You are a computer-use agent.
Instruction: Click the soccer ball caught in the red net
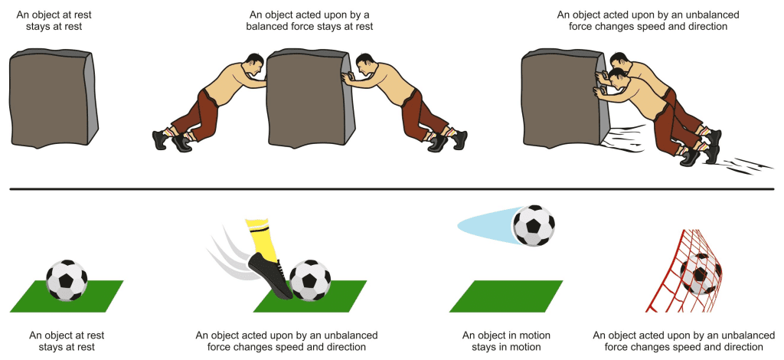coord(701,274)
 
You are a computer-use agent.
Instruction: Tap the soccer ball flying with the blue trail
coord(534,225)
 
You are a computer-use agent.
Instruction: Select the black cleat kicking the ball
coord(270,275)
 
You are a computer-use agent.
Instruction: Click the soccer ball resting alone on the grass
coord(67,280)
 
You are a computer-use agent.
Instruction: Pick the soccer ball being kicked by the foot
coord(310,280)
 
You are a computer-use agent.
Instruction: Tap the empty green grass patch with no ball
coord(506,296)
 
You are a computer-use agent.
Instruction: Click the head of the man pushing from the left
coord(254,65)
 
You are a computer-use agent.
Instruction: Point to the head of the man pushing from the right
coord(365,65)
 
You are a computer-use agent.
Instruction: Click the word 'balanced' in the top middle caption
coord(268,27)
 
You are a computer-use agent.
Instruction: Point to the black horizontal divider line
coord(392,189)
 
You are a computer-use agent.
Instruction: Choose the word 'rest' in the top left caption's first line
coord(83,15)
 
